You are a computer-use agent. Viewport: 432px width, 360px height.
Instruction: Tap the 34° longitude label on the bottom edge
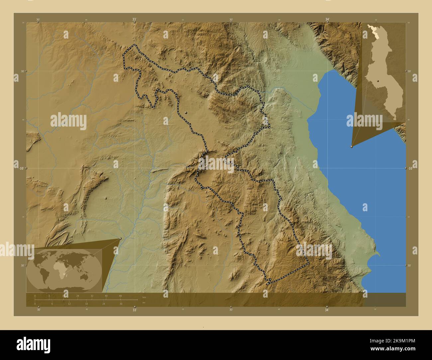[x=327, y=310]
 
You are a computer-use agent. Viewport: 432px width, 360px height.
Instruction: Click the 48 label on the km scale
[x=120, y=296]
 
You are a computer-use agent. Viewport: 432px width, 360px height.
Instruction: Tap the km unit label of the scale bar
[x=144, y=297]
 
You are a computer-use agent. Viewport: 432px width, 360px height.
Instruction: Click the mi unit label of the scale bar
[x=143, y=303]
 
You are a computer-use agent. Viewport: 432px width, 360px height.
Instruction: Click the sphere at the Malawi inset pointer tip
[x=352, y=146]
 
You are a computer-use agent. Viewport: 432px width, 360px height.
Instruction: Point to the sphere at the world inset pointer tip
[x=120, y=238]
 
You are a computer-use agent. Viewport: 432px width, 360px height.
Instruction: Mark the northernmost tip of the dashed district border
[x=134, y=45]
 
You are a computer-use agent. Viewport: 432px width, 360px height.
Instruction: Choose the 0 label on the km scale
[x=35, y=296]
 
